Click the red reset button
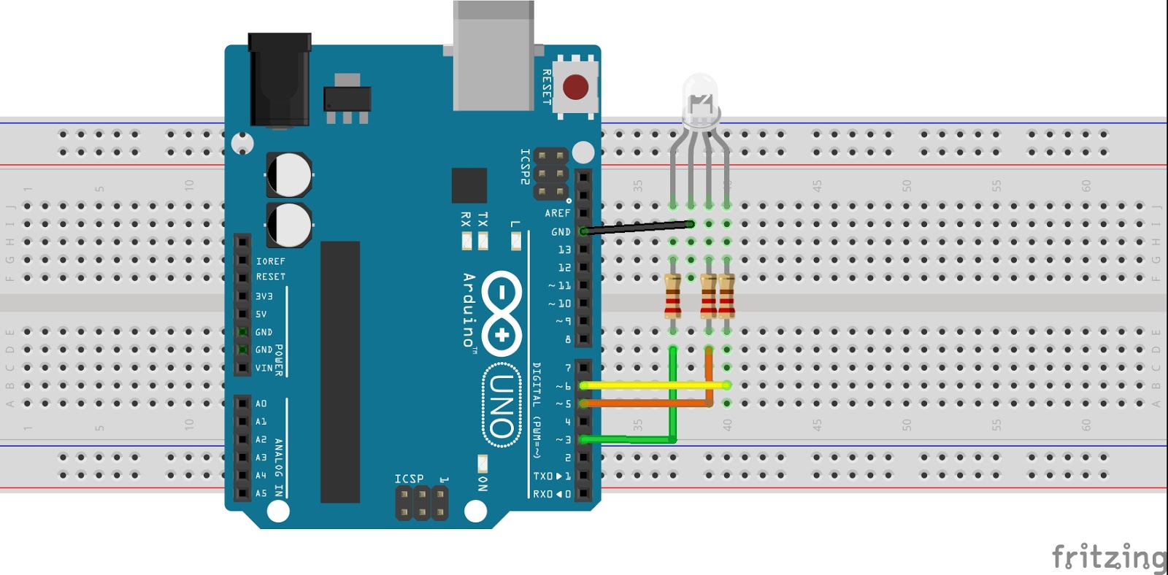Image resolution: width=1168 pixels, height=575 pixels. coord(575,87)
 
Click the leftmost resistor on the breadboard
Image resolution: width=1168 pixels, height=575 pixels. coord(673,296)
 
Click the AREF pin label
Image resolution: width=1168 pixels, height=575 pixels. coord(557,213)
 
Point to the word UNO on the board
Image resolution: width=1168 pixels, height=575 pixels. coord(502,406)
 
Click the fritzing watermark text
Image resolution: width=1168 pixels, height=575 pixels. coord(1109,557)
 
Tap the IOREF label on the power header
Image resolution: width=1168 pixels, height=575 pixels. coord(270,261)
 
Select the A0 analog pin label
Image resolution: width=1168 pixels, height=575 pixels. coord(261,404)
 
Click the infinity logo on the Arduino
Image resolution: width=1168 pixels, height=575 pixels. coord(502,311)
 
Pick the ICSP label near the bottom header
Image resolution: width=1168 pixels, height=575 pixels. coord(409,479)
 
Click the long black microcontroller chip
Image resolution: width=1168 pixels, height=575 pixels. coord(340,372)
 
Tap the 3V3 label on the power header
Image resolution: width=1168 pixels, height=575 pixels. coord(264,297)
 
